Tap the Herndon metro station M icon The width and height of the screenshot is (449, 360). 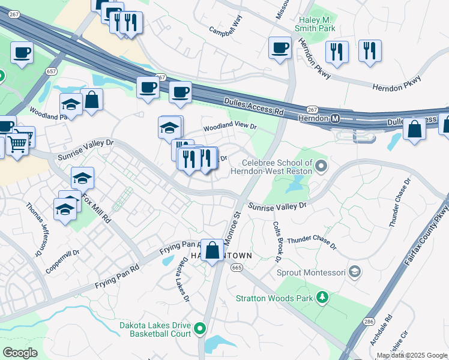pos(336,118)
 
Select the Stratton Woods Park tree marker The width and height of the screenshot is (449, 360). pos(323,297)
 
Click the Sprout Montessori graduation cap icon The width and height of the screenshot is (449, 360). pos(355,272)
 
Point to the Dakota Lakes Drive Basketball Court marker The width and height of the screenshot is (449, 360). pos(200,328)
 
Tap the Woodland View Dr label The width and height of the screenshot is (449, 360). pos(229,127)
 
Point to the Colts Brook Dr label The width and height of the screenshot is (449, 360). pos(278,242)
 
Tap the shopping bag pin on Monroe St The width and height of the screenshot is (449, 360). pos(212,251)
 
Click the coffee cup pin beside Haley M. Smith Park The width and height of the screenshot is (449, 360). pos(280,47)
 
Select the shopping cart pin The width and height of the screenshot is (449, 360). pos(17,143)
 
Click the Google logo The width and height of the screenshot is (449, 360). pos(20,353)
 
